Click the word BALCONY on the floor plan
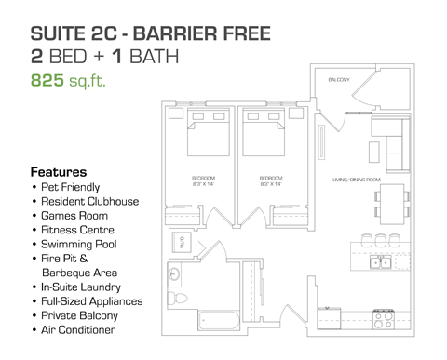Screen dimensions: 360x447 pos(338,81)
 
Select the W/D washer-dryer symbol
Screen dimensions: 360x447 pos(182,244)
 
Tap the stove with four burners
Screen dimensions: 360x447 pos(383,322)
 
